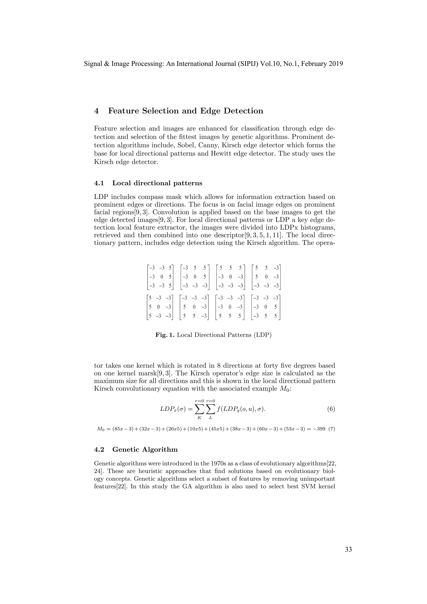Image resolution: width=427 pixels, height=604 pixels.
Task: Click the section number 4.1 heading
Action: [x=99, y=183]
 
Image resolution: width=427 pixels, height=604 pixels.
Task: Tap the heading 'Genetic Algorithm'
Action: [x=145, y=450]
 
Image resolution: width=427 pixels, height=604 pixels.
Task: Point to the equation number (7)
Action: [x=332, y=429]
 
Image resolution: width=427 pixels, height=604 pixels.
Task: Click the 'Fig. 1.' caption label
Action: [x=165, y=335]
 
